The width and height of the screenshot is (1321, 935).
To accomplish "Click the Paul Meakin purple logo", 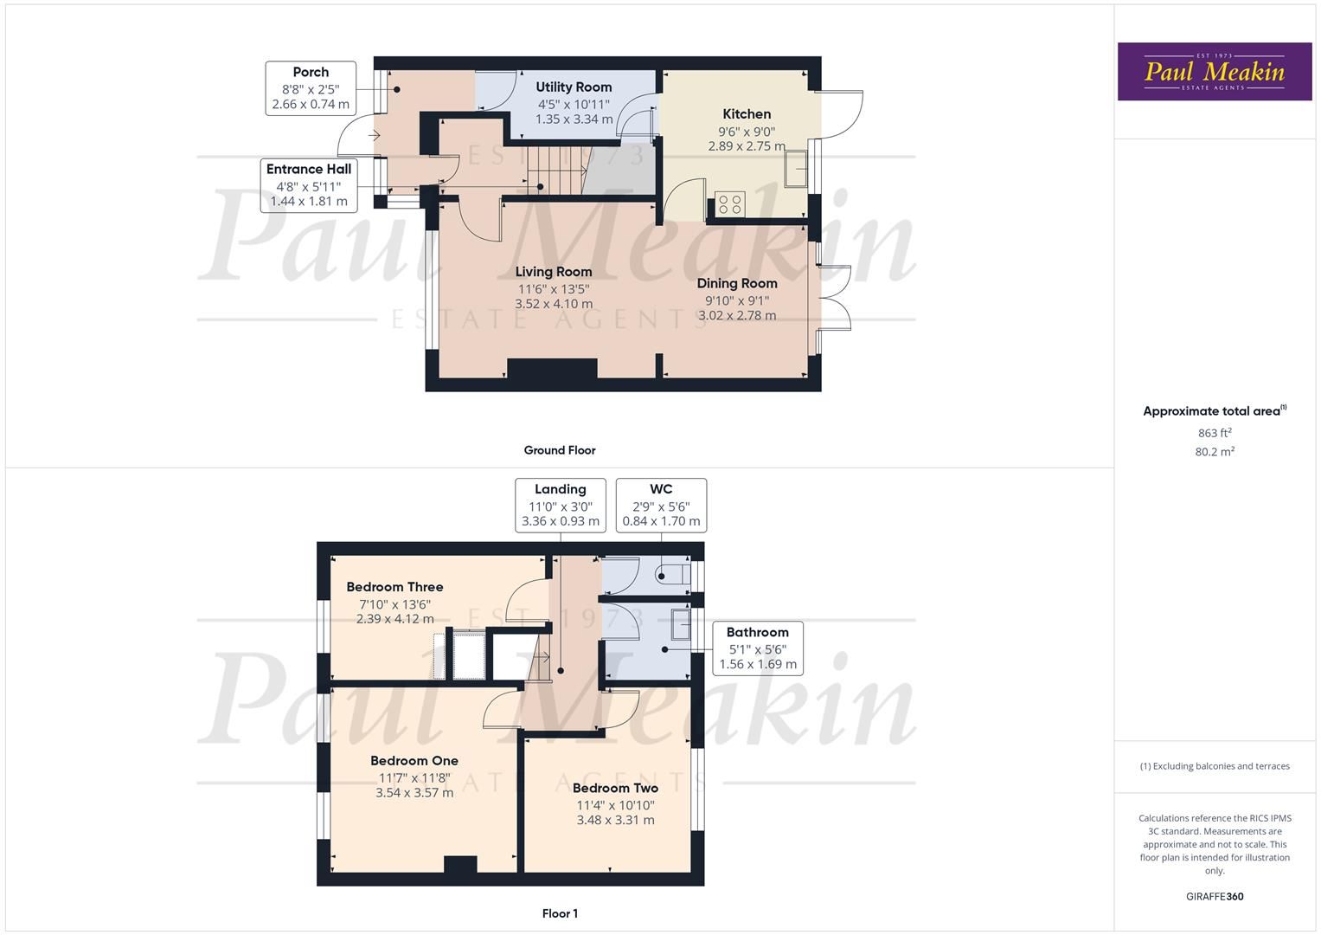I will pyautogui.click(x=1214, y=72).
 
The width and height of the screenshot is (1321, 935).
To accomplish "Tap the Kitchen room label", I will pyautogui.click(x=747, y=114).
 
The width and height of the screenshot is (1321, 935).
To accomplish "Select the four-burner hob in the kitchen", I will pyautogui.click(x=730, y=204).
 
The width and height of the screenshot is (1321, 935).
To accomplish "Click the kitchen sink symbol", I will pyautogui.click(x=795, y=169).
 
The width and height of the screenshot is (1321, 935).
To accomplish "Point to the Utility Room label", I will pyautogui.click(x=574, y=87).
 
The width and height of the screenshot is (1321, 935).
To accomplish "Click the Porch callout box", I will pyautogui.click(x=311, y=87).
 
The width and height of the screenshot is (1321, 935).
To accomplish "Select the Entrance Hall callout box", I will pyautogui.click(x=309, y=184).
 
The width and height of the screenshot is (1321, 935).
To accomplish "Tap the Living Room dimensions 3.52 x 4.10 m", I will pyautogui.click(x=554, y=304).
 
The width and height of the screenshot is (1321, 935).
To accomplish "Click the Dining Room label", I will pyautogui.click(x=737, y=283).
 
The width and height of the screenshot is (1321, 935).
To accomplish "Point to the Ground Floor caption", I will pyautogui.click(x=560, y=450).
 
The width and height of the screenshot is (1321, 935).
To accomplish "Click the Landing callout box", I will pyautogui.click(x=561, y=505).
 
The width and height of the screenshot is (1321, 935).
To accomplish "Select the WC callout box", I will pyautogui.click(x=661, y=505).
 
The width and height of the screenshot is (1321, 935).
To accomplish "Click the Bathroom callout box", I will pyautogui.click(x=758, y=648).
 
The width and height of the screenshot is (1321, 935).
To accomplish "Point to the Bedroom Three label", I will pyautogui.click(x=394, y=587).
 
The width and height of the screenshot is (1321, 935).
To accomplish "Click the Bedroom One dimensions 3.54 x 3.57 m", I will pyautogui.click(x=414, y=793).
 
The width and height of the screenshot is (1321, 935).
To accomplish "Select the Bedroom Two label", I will pyautogui.click(x=615, y=788).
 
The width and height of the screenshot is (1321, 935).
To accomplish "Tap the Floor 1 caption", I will pyautogui.click(x=560, y=913).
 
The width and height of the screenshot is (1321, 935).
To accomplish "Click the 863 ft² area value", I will pyautogui.click(x=1215, y=433).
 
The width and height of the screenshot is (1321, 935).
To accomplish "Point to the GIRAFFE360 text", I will pyautogui.click(x=1215, y=897).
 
